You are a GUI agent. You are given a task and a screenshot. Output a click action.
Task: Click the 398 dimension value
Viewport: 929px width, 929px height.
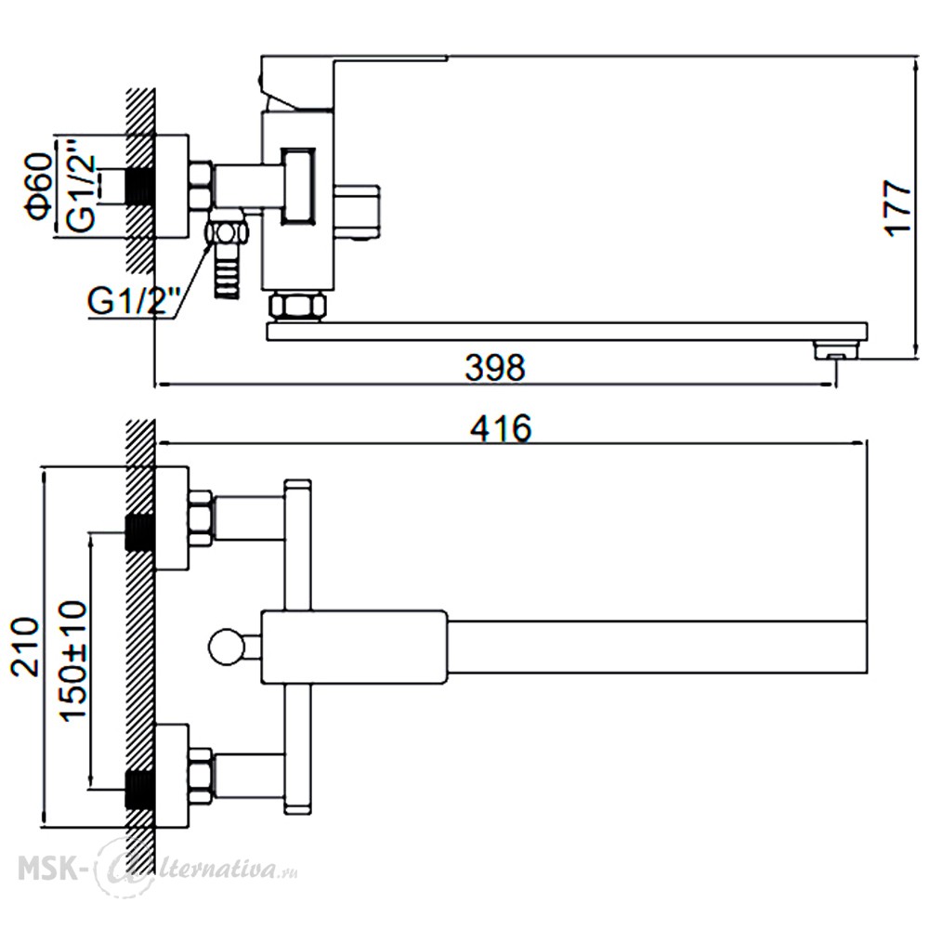(495, 367)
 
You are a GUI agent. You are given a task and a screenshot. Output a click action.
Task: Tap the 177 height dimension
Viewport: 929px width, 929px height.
(898, 208)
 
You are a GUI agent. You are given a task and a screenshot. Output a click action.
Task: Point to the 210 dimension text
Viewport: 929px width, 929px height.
(25, 647)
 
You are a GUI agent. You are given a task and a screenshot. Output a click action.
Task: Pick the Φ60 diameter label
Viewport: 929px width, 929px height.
(39, 186)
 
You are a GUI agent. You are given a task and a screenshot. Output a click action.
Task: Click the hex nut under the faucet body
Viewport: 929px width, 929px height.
(297, 307)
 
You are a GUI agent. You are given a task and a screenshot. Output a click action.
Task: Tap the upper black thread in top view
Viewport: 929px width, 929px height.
(140, 532)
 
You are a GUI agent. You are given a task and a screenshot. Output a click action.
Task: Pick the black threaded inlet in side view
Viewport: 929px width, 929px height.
(140, 186)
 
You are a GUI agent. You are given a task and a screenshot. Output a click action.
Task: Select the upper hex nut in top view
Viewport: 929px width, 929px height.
(201, 518)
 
